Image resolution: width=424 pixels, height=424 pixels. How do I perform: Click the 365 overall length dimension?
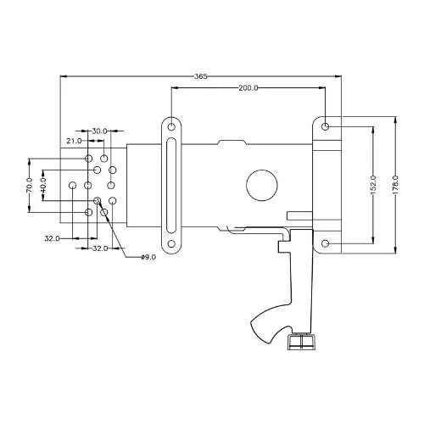pyautogui.click(x=201, y=76)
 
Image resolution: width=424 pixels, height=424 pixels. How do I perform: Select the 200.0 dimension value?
pyautogui.click(x=248, y=88)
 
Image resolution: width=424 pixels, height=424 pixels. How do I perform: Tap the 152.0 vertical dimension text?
pyautogui.click(x=372, y=185)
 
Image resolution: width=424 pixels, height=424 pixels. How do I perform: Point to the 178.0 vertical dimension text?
pyautogui.click(x=395, y=185)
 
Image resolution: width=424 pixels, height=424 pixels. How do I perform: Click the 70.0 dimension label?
pyautogui.click(x=29, y=185)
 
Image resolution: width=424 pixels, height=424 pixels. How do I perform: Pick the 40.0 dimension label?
pyautogui.click(x=43, y=185)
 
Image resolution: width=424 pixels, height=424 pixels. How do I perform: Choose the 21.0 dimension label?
pyautogui.click(x=74, y=141)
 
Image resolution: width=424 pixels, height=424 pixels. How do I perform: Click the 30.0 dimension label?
pyautogui.click(x=99, y=131)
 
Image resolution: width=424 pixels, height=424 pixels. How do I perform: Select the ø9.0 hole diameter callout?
pyautogui.click(x=148, y=257)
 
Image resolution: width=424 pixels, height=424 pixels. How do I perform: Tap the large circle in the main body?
pyautogui.click(x=262, y=186)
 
